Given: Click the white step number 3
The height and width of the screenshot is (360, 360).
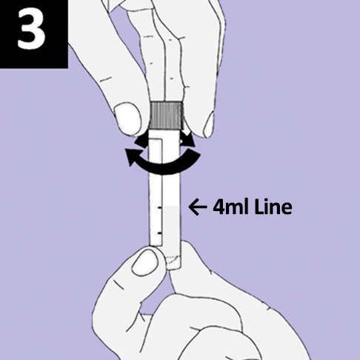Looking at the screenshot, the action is (x=31, y=30).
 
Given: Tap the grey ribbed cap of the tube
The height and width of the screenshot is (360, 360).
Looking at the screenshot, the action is (x=167, y=115).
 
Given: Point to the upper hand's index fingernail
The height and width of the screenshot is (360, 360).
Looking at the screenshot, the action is (x=209, y=125).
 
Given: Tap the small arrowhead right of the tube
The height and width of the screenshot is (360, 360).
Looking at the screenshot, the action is (x=190, y=139).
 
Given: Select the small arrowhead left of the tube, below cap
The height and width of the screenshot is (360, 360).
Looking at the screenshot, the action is (x=141, y=141).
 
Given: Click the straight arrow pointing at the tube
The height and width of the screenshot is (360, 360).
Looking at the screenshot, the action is (x=198, y=207).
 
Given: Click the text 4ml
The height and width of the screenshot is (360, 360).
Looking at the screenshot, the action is (x=231, y=207).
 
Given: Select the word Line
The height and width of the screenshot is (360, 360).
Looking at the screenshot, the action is (x=273, y=207).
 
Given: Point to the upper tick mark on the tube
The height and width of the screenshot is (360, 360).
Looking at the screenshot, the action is (x=159, y=208).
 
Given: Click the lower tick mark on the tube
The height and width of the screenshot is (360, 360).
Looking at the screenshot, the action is (x=159, y=233).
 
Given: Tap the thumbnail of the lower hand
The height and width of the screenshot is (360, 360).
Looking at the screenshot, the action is (x=144, y=262).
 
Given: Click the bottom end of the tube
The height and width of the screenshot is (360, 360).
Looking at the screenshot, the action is (x=174, y=268).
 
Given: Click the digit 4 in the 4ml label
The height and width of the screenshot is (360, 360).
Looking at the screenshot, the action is (x=218, y=207).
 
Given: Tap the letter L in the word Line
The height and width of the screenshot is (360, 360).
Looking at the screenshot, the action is (x=259, y=207).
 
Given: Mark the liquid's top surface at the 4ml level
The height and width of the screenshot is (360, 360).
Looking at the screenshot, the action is (x=171, y=207).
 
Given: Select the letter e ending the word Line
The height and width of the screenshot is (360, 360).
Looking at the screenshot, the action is (x=287, y=209).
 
